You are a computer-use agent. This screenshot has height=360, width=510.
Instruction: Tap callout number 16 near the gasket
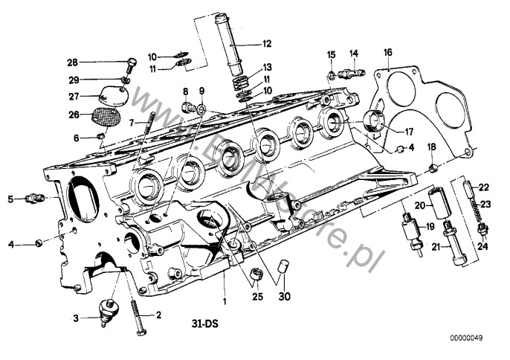tap(387, 52)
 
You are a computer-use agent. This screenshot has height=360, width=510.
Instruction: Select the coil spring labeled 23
tap(471, 205)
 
